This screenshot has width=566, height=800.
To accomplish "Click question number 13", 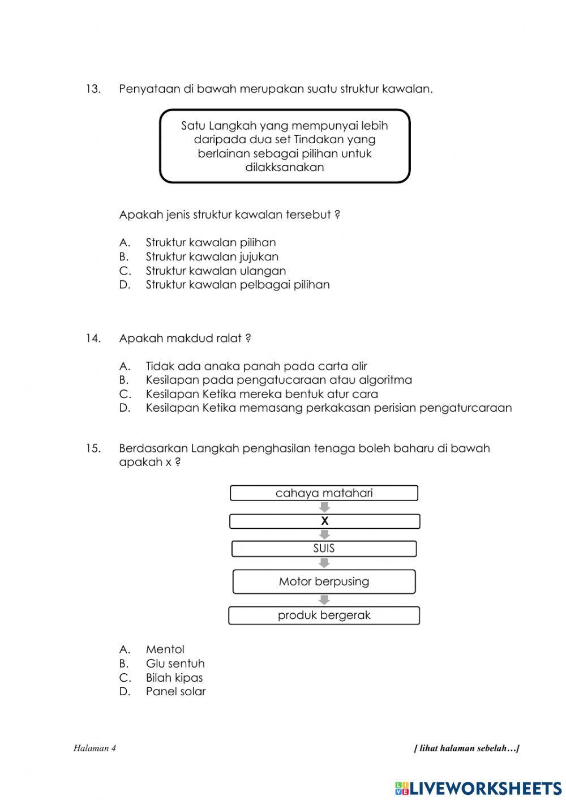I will (93, 89).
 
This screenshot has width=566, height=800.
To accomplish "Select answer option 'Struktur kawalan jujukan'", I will (212, 256).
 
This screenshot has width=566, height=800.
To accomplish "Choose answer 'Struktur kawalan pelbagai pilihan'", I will (237, 285).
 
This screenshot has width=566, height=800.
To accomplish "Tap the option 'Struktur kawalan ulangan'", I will (216, 271).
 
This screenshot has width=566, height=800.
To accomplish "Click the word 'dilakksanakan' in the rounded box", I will (284, 168).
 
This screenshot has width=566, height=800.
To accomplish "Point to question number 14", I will (93, 339).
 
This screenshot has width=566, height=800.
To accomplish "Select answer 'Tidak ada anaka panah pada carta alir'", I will (256, 366).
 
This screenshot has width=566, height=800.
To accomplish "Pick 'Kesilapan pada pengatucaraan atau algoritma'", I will (278, 380).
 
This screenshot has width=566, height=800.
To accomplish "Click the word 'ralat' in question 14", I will (229, 339).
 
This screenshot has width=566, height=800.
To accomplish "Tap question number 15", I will (93, 448).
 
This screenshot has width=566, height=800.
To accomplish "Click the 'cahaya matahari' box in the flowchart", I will (324, 493).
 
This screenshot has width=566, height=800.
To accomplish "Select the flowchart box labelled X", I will (324, 521).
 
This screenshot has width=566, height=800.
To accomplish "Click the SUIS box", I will (324, 549).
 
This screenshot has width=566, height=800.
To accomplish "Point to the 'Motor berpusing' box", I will (324, 581).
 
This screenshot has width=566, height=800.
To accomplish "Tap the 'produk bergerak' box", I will (324, 615).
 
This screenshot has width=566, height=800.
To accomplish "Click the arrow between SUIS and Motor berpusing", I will (324, 563).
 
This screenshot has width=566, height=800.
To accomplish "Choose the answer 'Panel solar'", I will (175, 691).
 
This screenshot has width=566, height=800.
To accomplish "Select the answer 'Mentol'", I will (165, 649).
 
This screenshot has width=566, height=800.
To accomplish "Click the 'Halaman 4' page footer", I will (95, 748).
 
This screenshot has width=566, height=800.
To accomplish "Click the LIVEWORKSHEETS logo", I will (478, 788).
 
